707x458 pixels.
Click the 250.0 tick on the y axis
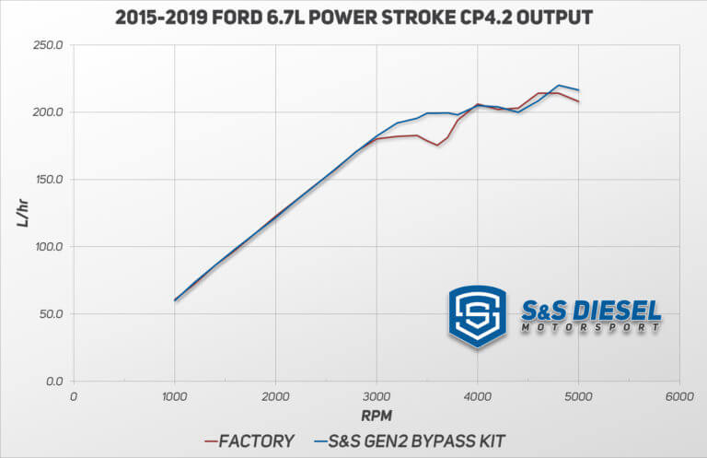47,45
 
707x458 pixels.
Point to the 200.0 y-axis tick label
47,112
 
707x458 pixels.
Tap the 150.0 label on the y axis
47,180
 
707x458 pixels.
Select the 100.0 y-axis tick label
47,247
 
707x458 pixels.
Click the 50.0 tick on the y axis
50,314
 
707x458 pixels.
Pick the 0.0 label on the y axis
53,382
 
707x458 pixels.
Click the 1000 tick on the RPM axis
174,396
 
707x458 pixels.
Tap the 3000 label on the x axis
376,396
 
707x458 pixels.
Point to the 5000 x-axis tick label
578,396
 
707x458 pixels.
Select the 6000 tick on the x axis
678,396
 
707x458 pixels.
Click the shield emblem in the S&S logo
477,316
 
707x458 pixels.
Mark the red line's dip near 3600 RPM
437,145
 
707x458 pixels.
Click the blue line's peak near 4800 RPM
559,85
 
